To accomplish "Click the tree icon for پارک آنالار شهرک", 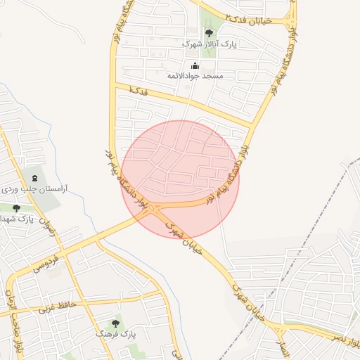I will click(x=208, y=32).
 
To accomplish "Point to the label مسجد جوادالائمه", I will click(x=195, y=75).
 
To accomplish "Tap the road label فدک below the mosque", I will click(x=139, y=91).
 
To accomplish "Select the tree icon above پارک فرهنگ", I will click(x=115, y=323).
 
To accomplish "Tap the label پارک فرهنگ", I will click(x=115, y=335).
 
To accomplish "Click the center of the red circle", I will click(x=180, y=179).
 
